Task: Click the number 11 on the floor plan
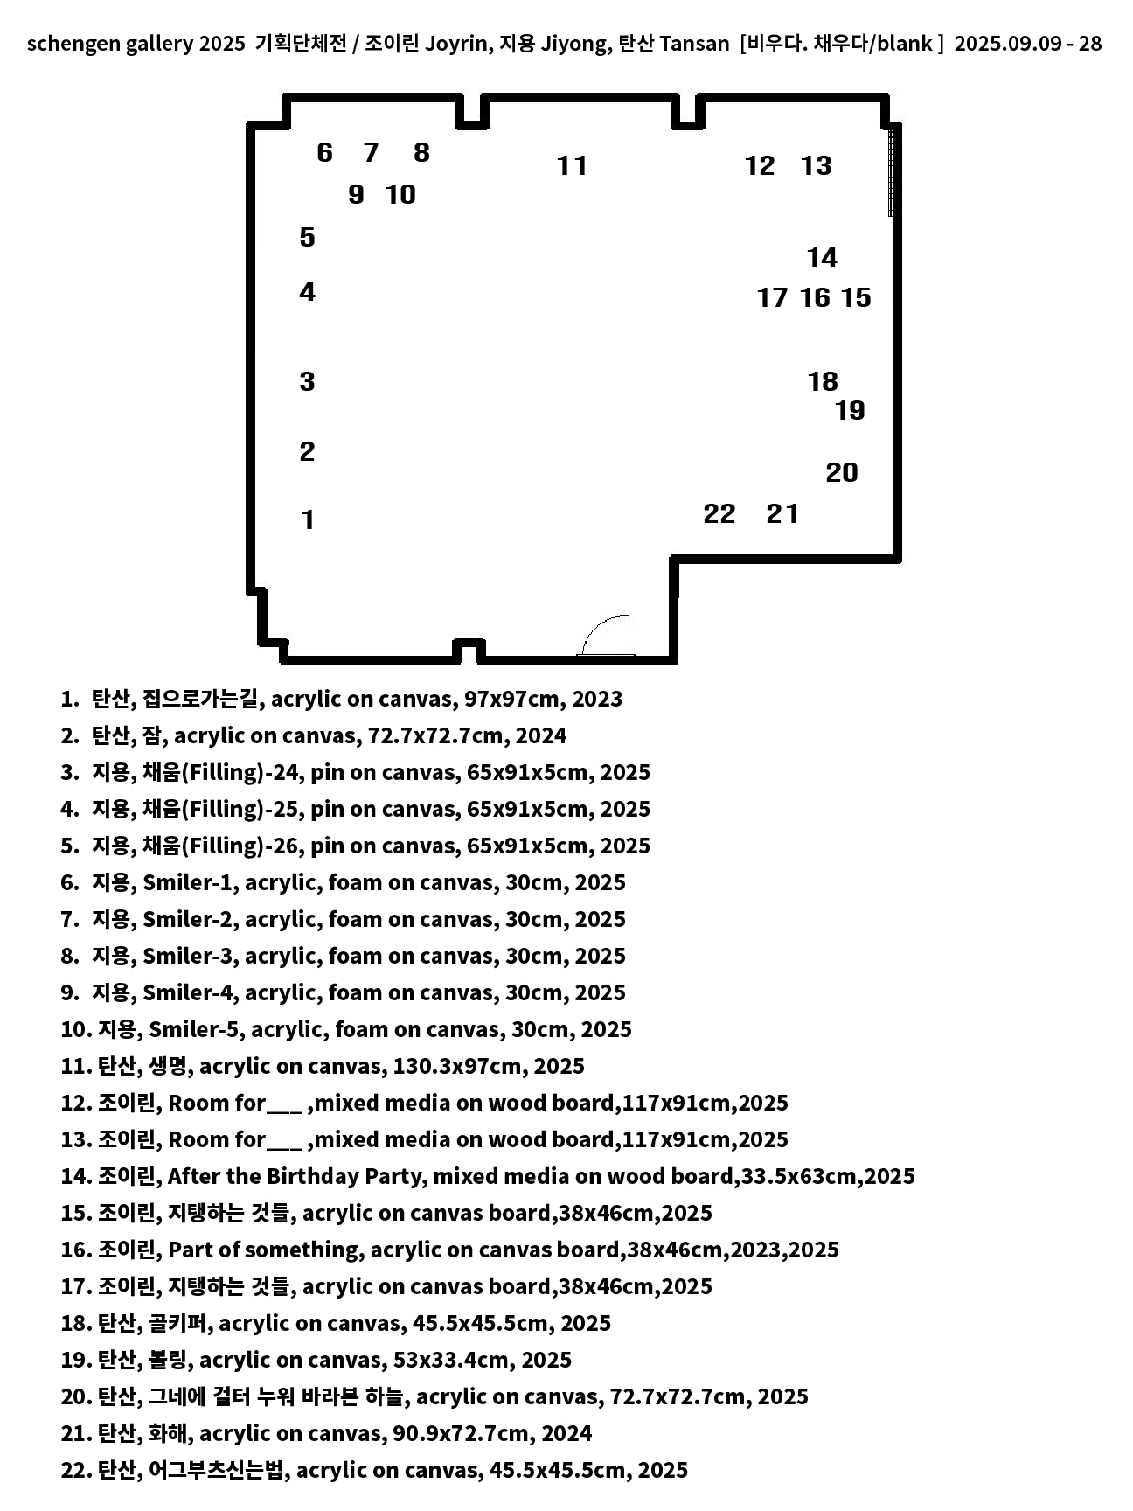[572, 165]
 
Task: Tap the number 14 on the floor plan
[822, 258]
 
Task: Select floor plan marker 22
[719, 513]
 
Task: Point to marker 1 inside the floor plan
[308, 519]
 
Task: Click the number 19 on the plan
[850, 410]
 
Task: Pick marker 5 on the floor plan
[307, 237]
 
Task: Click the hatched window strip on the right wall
[891, 171]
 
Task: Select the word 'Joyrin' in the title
[456, 44]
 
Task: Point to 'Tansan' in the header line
[694, 44]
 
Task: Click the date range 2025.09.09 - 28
[1027, 44]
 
